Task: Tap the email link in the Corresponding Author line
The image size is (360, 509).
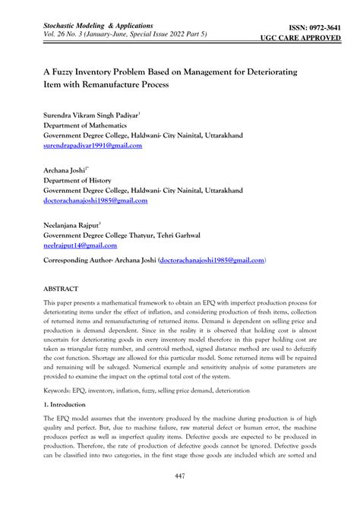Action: point(211,260)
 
